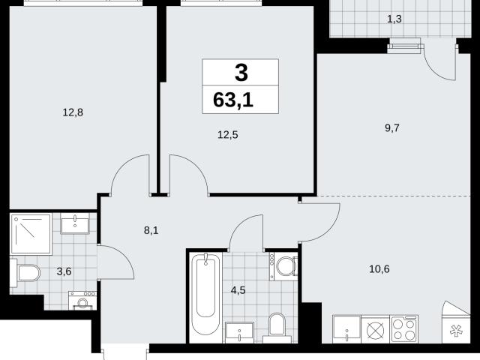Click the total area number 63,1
(233, 100)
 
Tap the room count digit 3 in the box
(241, 73)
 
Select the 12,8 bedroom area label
(73, 112)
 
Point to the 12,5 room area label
(228, 134)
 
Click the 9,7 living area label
(392, 127)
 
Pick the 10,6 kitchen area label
(379, 269)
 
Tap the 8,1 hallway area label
(151, 230)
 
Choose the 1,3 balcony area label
(394, 19)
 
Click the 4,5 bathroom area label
(238, 290)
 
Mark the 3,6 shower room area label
(64, 271)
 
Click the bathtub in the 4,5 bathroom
(205, 298)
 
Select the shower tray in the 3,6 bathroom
(31, 234)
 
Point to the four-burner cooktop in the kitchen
(404, 329)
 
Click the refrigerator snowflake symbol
(456, 331)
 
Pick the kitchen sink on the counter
(346, 328)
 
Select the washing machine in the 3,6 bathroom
(82, 301)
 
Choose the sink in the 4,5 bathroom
(240, 332)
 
